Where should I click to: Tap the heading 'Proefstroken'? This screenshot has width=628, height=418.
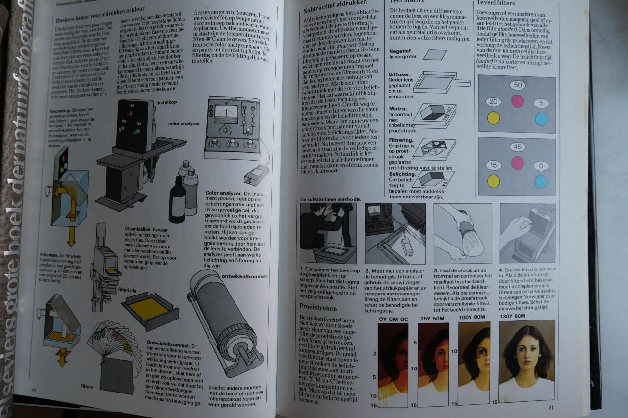[x=318, y=307]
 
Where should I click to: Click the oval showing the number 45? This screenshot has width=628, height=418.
[x=517, y=147]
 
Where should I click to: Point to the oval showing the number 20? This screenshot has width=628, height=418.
[x=494, y=102]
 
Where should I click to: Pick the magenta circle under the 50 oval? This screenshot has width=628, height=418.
[x=518, y=101]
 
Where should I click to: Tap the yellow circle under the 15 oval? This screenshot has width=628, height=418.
[x=493, y=181]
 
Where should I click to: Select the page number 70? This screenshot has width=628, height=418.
[x=34, y=390]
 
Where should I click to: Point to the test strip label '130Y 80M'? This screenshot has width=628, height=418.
[x=512, y=316]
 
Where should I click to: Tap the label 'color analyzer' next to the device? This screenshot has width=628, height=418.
[x=184, y=123]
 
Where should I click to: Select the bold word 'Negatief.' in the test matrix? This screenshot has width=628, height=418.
[x=401, y=51]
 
